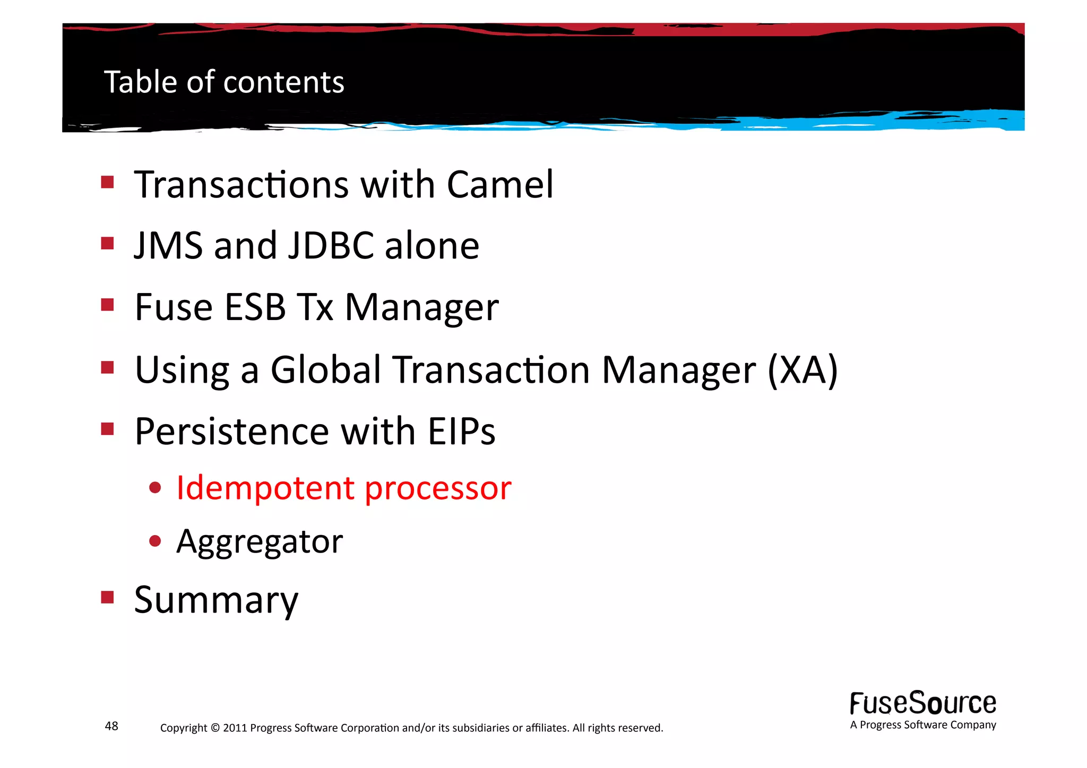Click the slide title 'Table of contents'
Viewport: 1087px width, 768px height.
pyautogui.click(x=224, y=82)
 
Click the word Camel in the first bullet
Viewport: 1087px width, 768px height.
pyautogui.click(x=500, y=185)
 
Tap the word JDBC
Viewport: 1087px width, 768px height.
pyautogui.click(x=331, y=246)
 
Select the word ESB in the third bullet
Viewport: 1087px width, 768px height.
pyautogui.click(x=255, y=307)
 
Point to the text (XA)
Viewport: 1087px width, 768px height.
pyautogui.click(x=803, y=370)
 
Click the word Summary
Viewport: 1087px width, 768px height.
pyautogui.click(x=216, y=600)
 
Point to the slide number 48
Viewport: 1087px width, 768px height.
pyautogui.click(x=111, y=726)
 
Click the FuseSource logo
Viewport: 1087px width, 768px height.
pyautogui.click(x=922, y=704)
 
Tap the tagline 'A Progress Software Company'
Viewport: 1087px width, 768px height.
pyautogui.click(x=922, y=725)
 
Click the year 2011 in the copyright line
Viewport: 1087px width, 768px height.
pyautogui.click(x=235, y=728)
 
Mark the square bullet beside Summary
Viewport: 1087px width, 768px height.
pyautogui.click(x=108, y=598)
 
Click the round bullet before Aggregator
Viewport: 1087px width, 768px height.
pyautogui.click(x=155, y=541)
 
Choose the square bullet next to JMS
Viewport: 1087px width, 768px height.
pyautogui.click(x=108, y=244)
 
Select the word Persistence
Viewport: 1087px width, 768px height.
pyautogui.click(x=232, y=431)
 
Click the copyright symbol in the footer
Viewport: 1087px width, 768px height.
pyautogui.click(x=215, y=728)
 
